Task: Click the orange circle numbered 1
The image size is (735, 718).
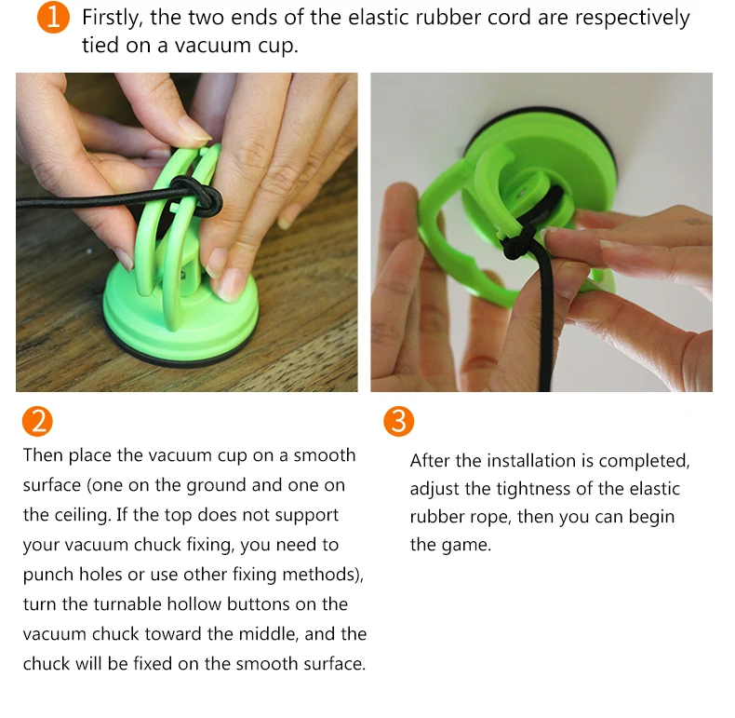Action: point(53,18)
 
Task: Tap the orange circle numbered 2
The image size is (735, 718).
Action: point(37,421)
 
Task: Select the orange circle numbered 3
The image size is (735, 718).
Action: point(398,421)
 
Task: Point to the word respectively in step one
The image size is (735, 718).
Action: point(633,19)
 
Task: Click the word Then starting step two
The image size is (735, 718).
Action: point(43,455)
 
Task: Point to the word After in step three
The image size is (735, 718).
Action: point(431,461)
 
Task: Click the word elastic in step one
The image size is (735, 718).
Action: point(378,18)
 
